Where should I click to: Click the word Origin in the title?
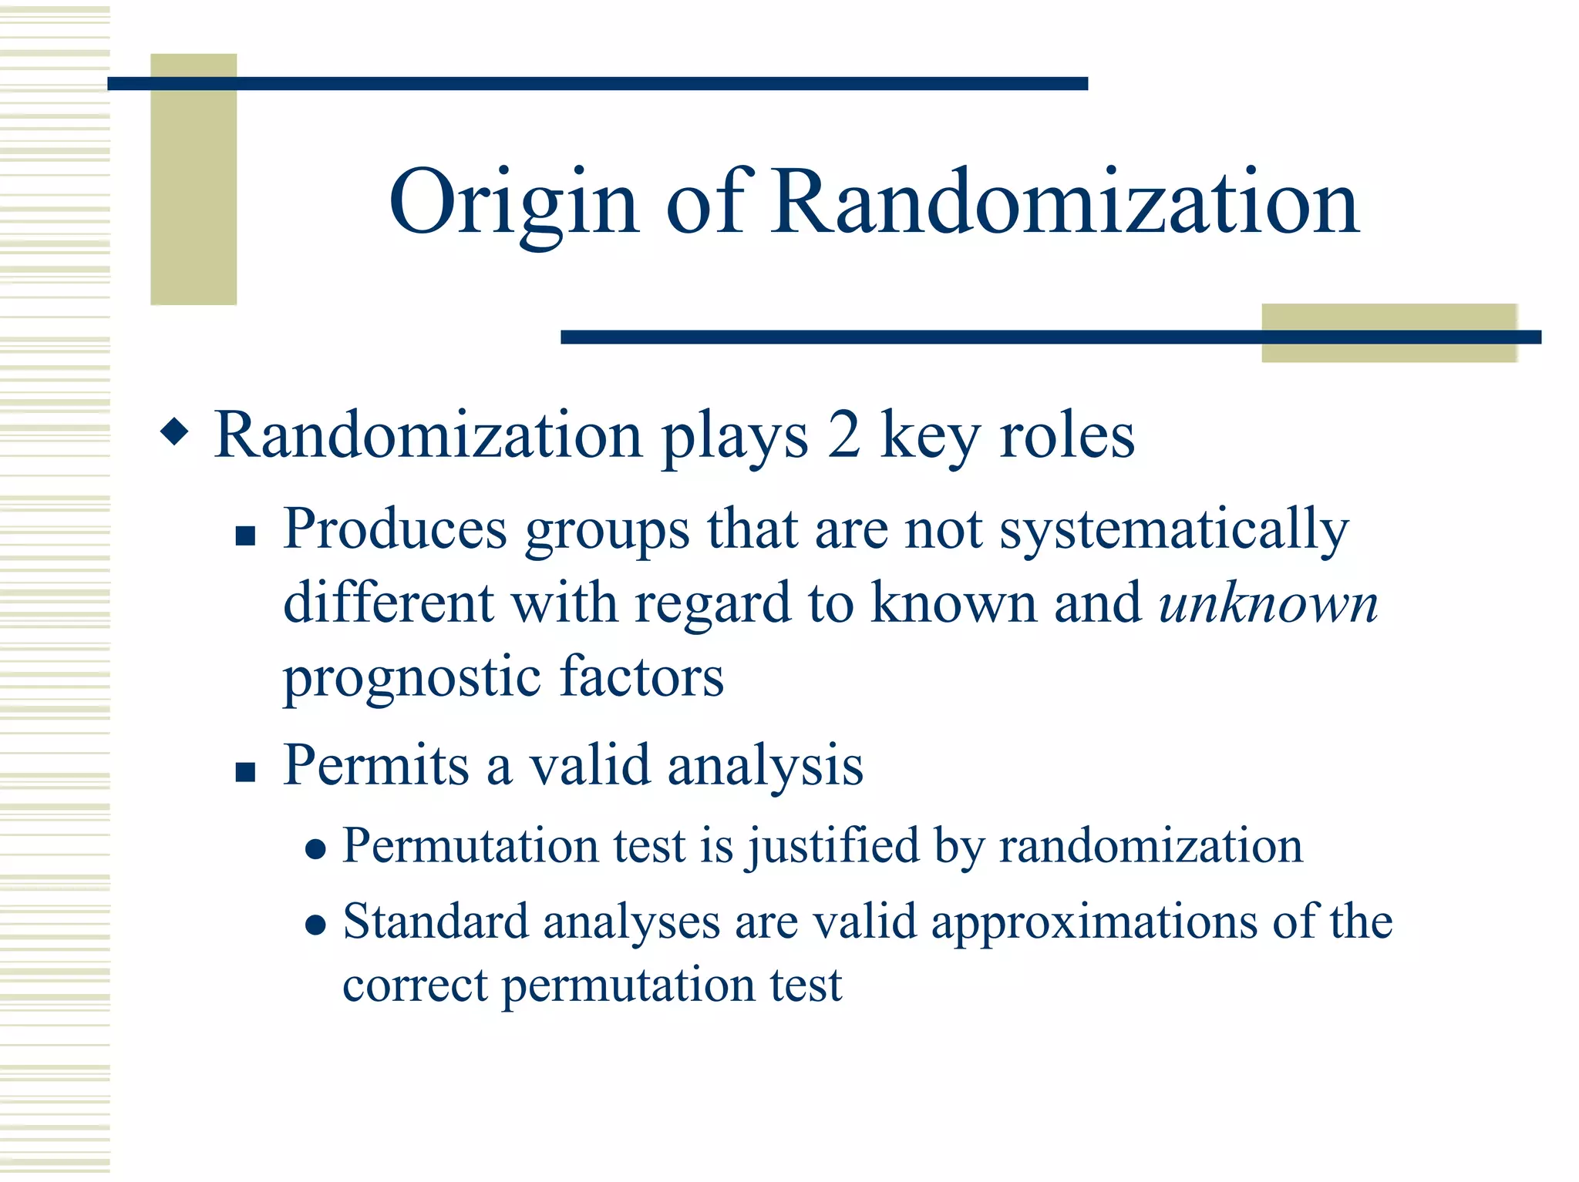click(x=513, y=204)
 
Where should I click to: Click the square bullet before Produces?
click(x=245, y=536)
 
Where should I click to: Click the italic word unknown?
click(x=1268, y=604)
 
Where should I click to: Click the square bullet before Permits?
click(x=245, y=772)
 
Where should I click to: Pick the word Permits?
click(x=375, y=767)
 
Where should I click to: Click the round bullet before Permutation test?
click(x=315, y=850)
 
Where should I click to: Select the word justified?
click(x=833, y=847)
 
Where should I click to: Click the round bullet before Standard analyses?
click(x=315, y=925)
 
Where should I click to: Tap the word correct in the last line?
click(x=415, y=986)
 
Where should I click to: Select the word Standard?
click(x=436, y=922)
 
